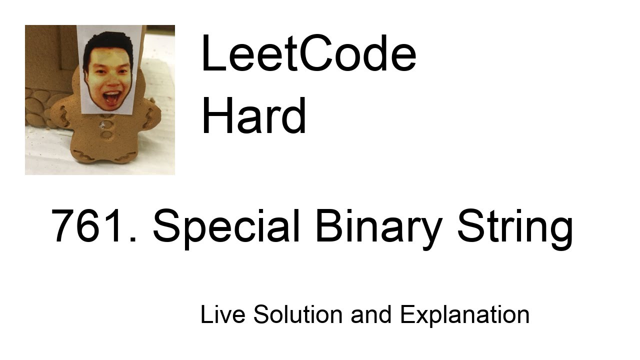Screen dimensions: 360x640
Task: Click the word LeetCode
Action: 308,54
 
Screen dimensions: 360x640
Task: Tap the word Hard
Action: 253,116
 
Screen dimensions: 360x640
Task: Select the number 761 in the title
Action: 89,226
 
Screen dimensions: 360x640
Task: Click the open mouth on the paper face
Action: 111,96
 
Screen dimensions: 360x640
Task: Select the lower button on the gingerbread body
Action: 106,134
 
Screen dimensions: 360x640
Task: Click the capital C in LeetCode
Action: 298,54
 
